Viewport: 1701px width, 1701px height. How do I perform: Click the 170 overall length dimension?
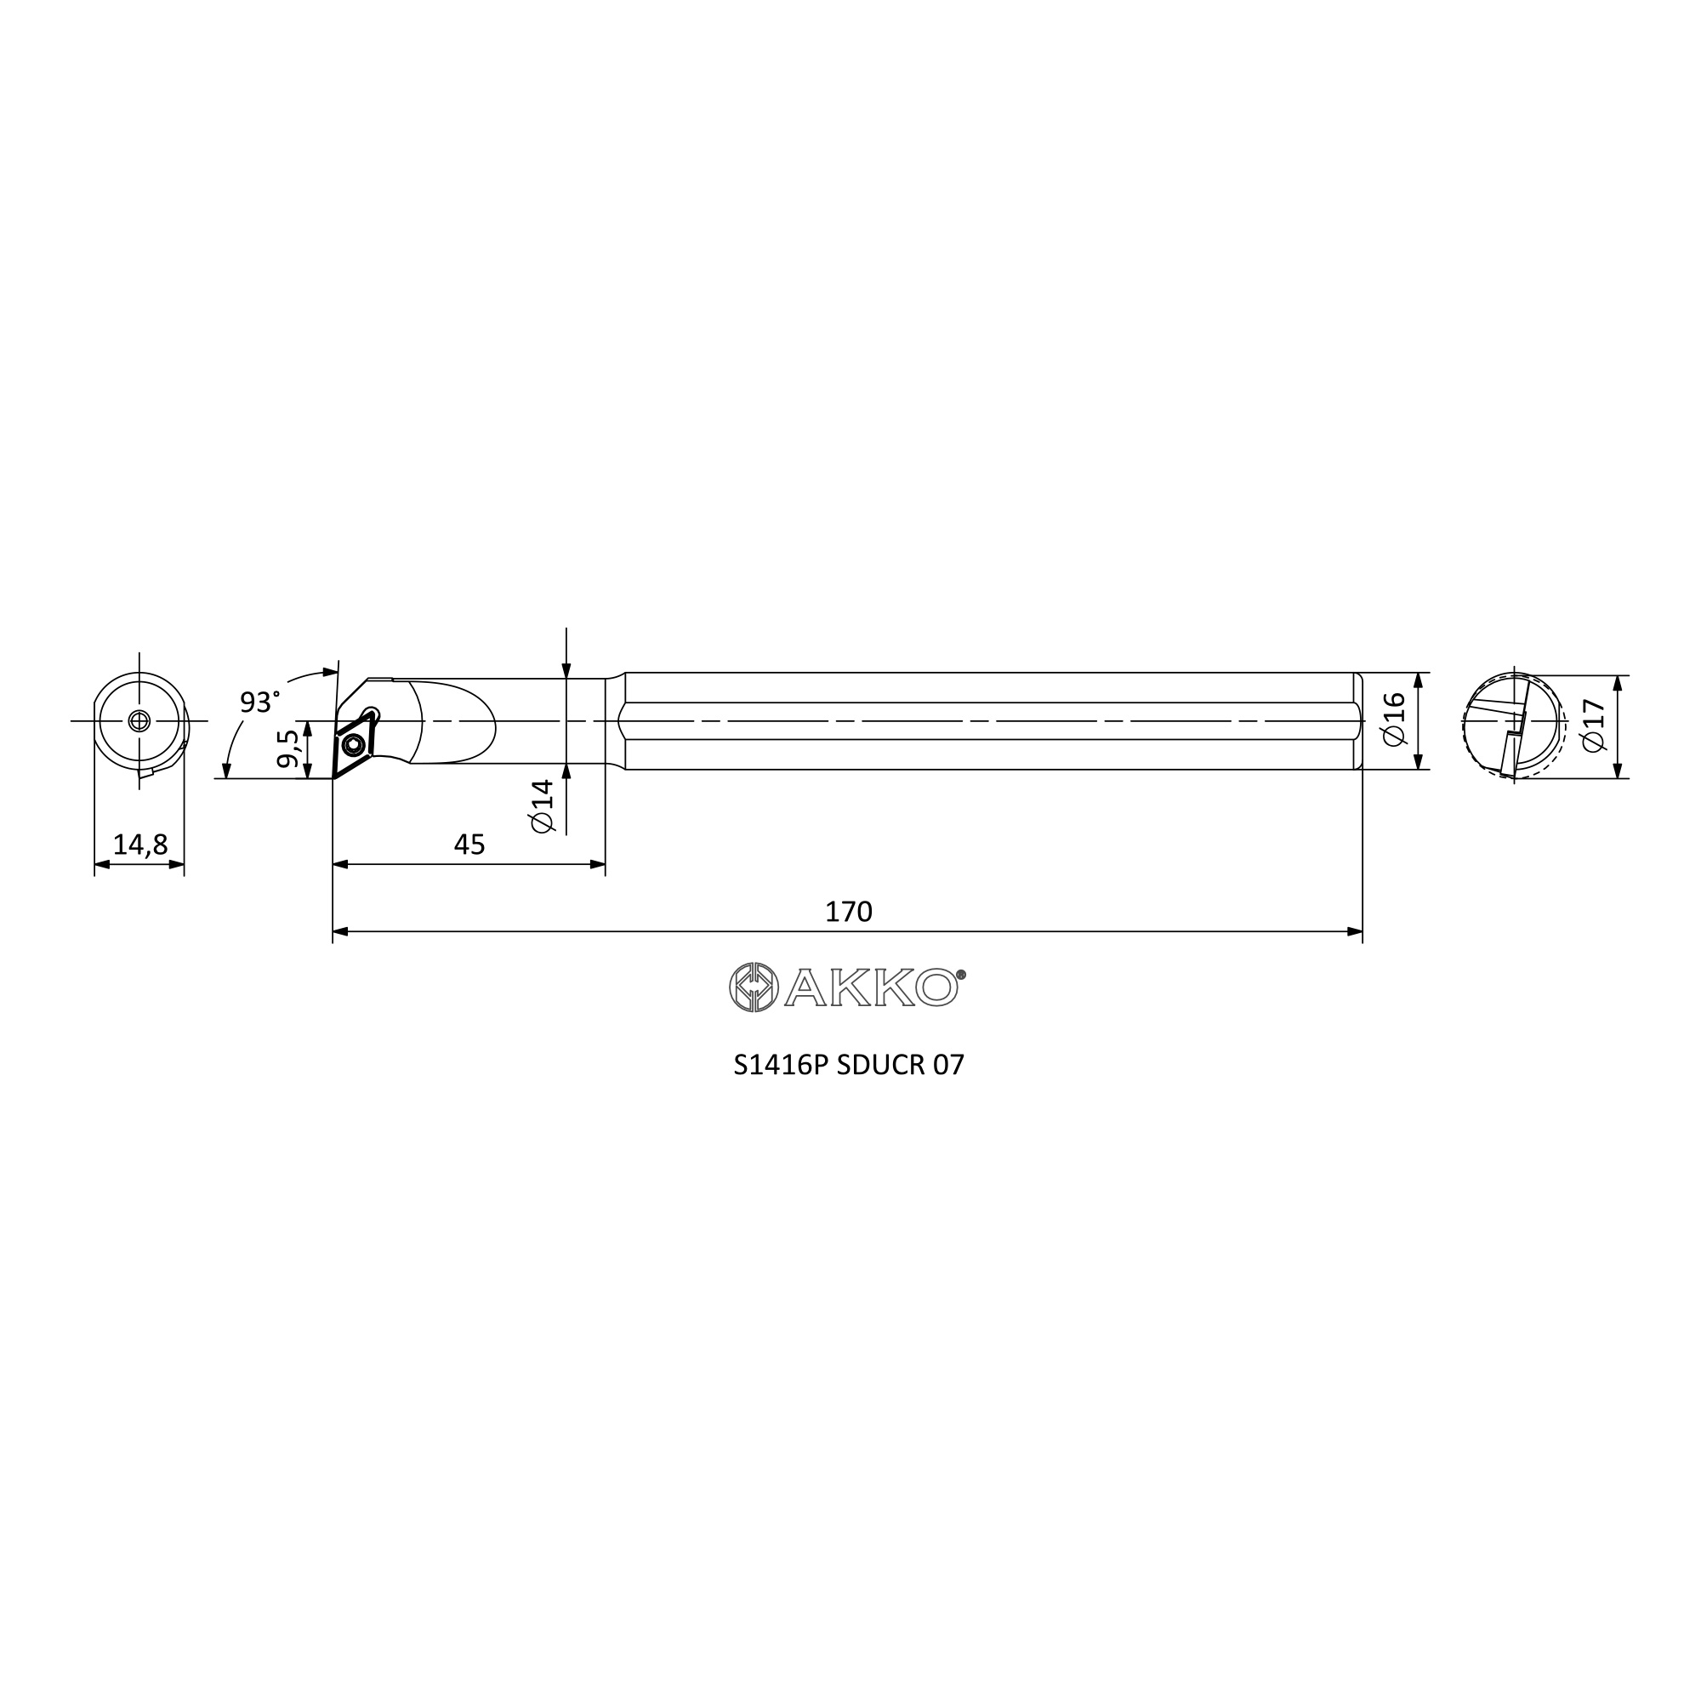pyautogui.click(x=848, y=911)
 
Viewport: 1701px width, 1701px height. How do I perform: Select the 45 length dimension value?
pyautogui.click(x=469, y=845)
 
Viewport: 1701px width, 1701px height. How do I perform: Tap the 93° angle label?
pyautogui.click(x=259, y=702)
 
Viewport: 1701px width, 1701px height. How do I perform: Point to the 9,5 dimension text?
pyautogui.click(x=287, y=748)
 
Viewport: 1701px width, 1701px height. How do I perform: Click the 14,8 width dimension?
pyautogui.click(x=140, y=845)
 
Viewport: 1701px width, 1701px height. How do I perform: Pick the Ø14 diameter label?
pyautogui.click(x=543, y=805)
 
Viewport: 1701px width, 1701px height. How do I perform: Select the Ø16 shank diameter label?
pyautogui.click(x=1395, y=720)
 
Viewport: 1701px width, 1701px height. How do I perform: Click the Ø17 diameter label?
pyautogui.click(x=1594, y=725)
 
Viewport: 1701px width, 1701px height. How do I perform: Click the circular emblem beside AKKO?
pyautogui.click(x=754, y=987)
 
